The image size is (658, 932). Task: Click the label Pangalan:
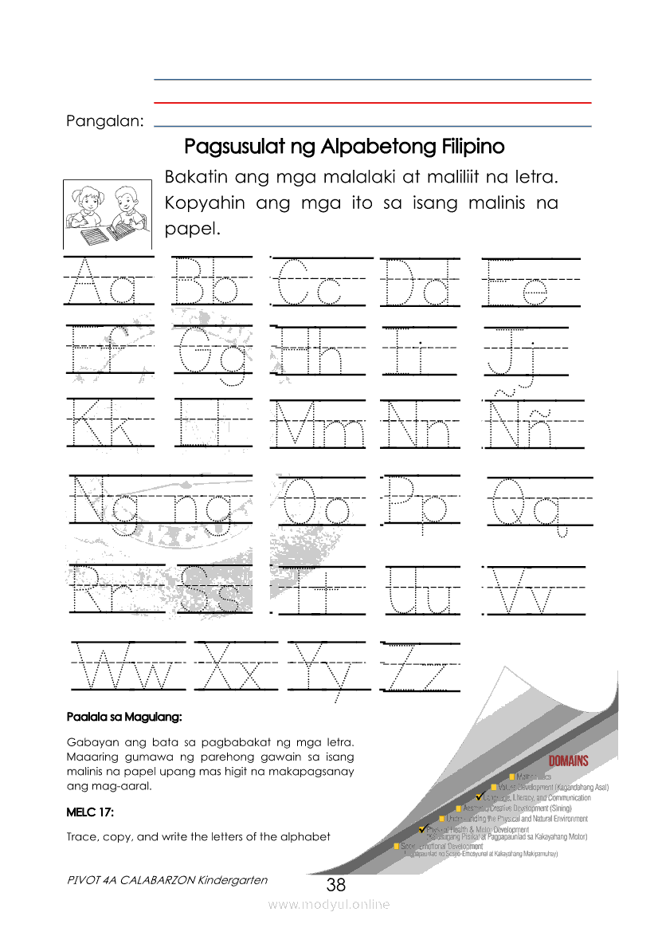[105, 122]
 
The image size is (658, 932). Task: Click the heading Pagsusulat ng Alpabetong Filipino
[344, 147]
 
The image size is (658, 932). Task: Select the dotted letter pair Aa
[109, 283]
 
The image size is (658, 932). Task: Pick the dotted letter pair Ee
[518, 283]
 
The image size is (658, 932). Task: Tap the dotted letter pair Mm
[317, 424]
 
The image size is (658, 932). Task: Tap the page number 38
[336, 885]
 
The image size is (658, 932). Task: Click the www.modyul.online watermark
[329, 904]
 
